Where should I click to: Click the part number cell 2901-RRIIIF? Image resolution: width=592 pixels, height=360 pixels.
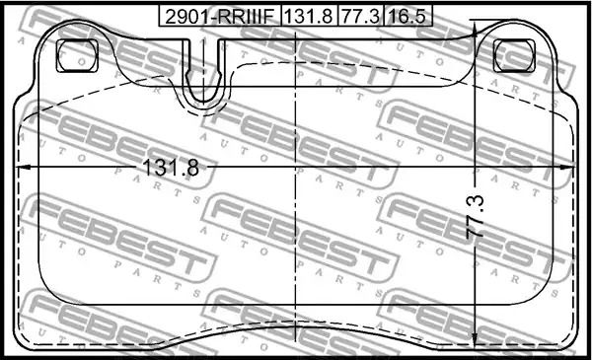pyautogui.click(x=220, y=16)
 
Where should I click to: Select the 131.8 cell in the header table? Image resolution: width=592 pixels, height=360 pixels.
pyautogui.click(x=309, y=16)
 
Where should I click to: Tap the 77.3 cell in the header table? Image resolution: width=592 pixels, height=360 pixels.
pyautogui.click(x=360, y=16)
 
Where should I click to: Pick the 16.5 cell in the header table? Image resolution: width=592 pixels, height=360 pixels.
pyautogui.click(x=407, y=16)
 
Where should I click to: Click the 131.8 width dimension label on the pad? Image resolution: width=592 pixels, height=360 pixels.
pyautogui.click(x=171, y=167)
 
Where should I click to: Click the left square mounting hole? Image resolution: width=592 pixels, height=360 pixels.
pyautogui.click(x=77, y=55)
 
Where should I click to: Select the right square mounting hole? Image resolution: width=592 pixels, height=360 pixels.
pyautogui.click(x=514, y=55)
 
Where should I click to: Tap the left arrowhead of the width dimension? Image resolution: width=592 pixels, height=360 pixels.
pyautogui.click(x=24, y=167)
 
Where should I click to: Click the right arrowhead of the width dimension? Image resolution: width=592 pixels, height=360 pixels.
pyautogui.click(x=567, y=167)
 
